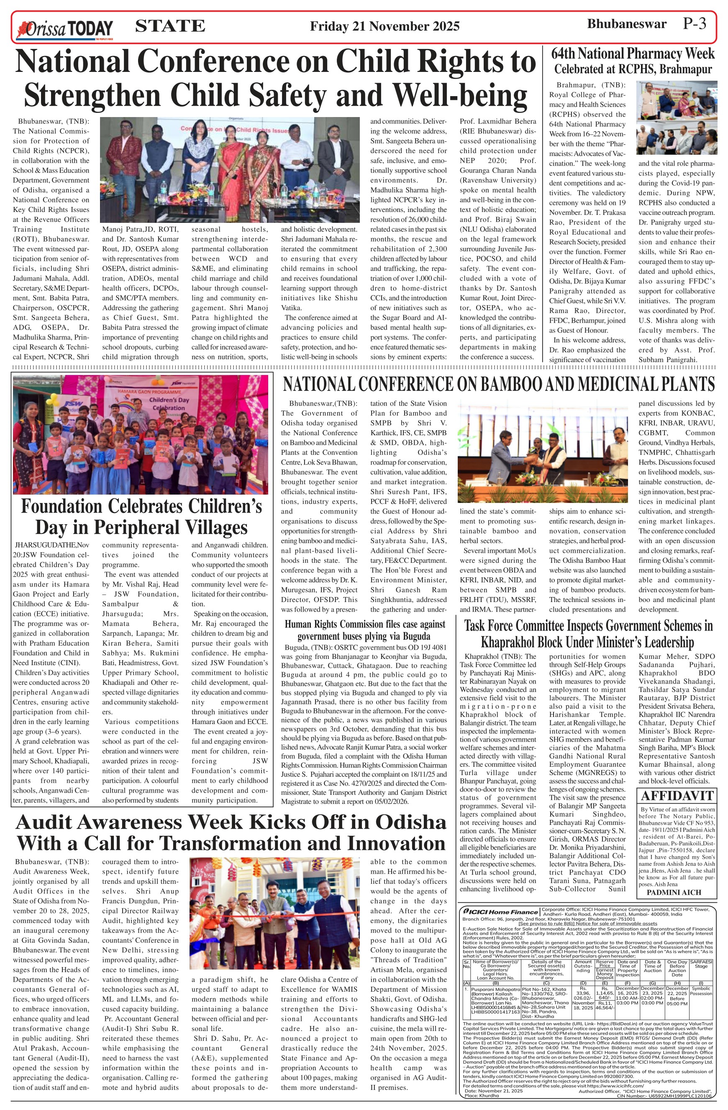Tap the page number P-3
click(695, 24)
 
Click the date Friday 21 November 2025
click(385, 26)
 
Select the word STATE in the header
click(170, 26)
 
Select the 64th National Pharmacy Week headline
click(633, 61)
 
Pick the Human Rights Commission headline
click(364, 630)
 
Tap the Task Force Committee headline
click(587, 634)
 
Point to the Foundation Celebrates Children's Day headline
click(141, 517)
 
